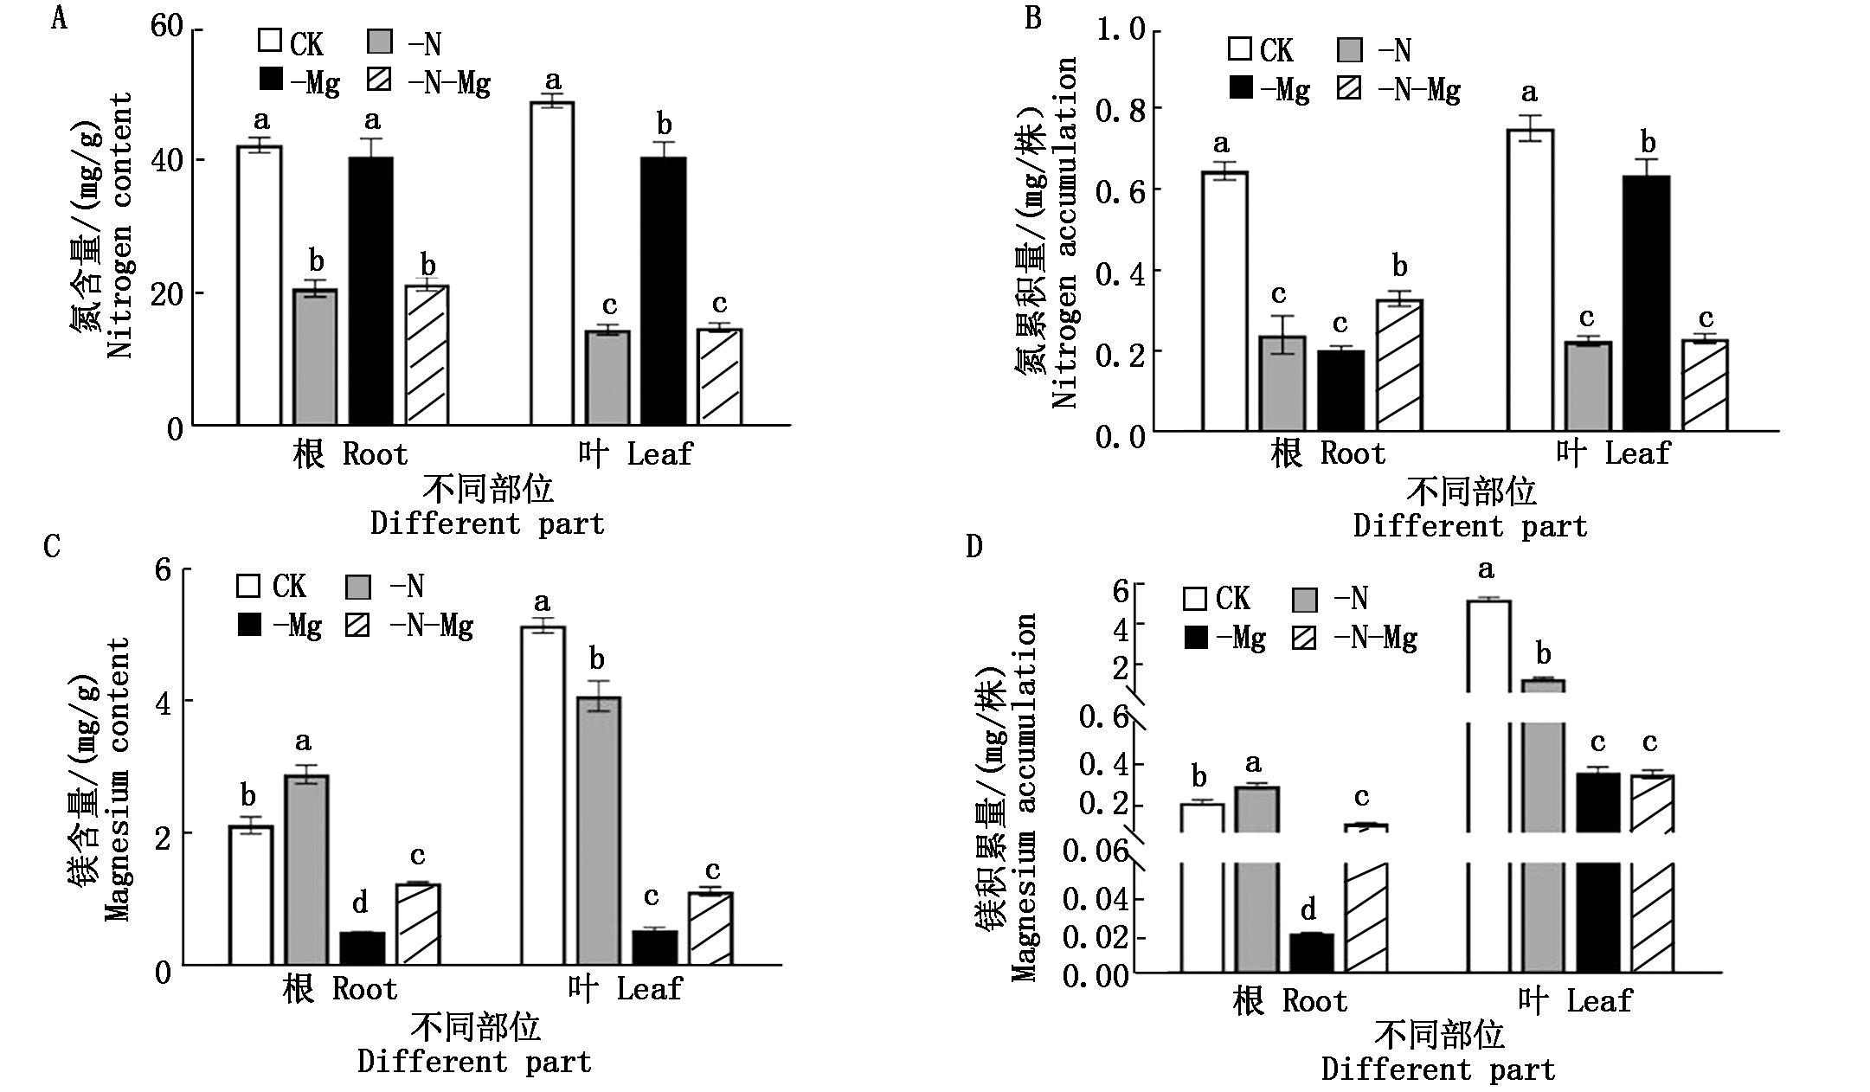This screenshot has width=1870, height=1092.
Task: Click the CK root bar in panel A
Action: (x=260, y=286)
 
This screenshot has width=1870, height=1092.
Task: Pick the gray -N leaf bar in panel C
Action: (x=598, y=831)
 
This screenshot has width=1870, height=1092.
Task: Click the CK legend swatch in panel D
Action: (x=1195, y=599)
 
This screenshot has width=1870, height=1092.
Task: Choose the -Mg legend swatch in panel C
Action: (x=249, y=625)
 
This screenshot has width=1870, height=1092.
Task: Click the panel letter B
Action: (x=1032, y=17)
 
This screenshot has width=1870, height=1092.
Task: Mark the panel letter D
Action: (x=974, y=547)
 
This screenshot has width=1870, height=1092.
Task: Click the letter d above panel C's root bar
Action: (x=360, y=904)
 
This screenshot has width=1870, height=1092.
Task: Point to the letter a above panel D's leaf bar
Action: (x=1486, y=570)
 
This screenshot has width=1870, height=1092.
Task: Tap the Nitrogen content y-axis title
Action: (x=120, y=225)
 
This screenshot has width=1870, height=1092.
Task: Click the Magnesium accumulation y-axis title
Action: (x=1025, y=796)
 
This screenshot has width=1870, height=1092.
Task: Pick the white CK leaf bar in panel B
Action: (x=1530, y=279)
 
